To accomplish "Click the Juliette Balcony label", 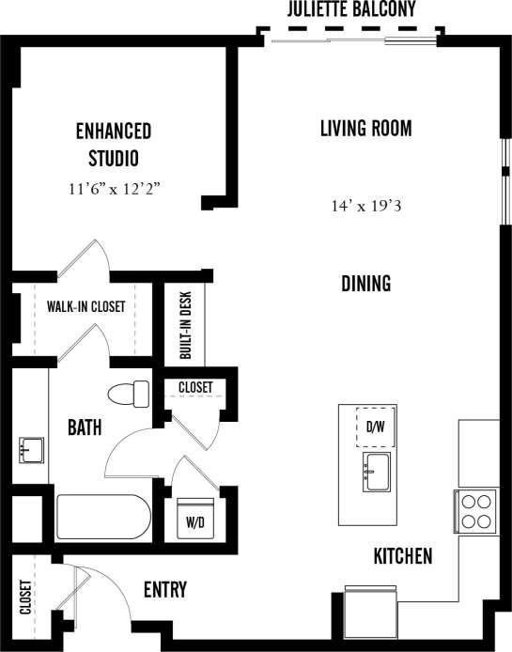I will [x=351, y=9].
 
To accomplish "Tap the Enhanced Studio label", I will [x=114, y=143].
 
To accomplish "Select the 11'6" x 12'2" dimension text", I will [x=116, y=189].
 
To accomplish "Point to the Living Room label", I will [x=365, y=129].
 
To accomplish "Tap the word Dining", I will [x=365, y=283].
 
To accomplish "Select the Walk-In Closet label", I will [x=85, y=306].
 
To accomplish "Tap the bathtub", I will [x=102, y=516].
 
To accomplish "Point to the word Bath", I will [x=85, y=428].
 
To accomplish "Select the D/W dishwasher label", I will [x=374, y=428].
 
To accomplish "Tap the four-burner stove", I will [x=476, y=510].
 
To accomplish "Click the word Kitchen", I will [x=403, y=556].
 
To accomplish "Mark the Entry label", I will [x=164, y=590].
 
